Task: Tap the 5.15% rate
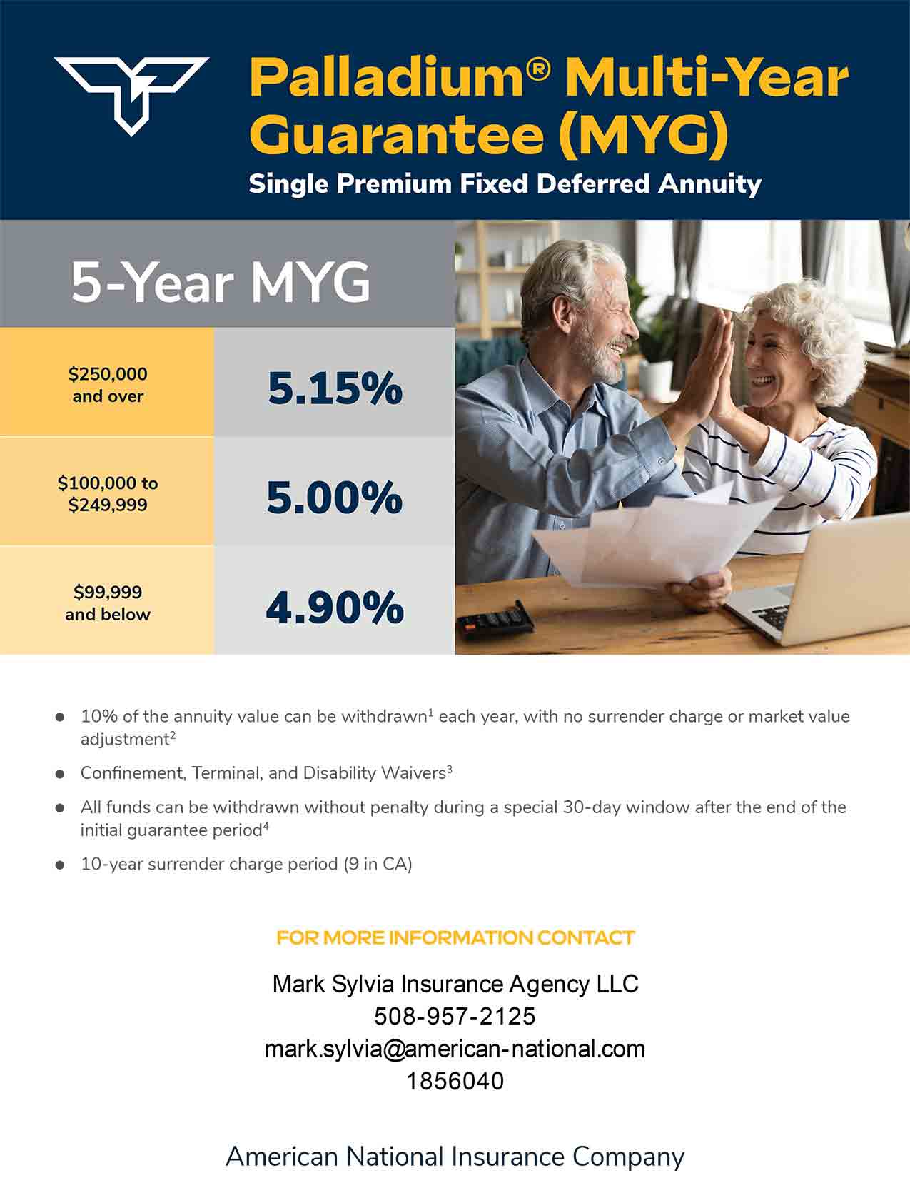pos(335,388)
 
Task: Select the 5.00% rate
pos(335,497)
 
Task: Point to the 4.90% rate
pos(335,608)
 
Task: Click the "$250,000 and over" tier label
pos(108,385)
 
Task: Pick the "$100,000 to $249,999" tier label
pos(108,494)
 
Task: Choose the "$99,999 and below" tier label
pos(108,603)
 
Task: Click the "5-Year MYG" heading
pos(221,283)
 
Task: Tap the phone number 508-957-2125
pos(455,1017)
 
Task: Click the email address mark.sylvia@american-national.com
pos(455,1049)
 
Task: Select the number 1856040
pos(455,1082)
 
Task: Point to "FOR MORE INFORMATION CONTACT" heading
pos(455,938)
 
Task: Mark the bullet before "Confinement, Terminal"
pos(60,774)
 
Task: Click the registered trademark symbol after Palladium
pos(538,69)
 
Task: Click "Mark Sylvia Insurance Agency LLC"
pos(455,984)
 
